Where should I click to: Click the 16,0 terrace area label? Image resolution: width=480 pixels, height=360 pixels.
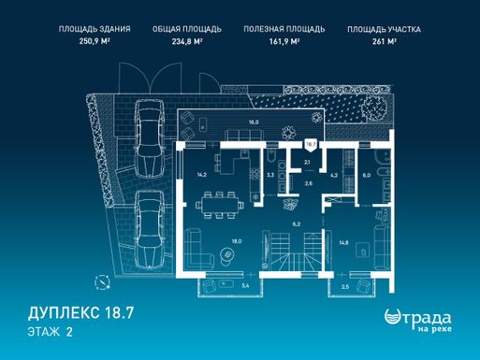click(254, 122)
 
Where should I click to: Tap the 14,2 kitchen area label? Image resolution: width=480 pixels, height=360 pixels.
click(201, 175)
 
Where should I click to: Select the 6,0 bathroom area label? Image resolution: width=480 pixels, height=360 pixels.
click(367, 175)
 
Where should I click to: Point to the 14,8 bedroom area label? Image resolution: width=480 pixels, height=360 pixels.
click(343, 243)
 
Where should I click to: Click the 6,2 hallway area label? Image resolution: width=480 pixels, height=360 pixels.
click(297, 223)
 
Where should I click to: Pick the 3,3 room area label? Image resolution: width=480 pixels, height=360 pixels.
click(270, 175)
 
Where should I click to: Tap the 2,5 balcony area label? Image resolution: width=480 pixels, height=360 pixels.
click(345, 287)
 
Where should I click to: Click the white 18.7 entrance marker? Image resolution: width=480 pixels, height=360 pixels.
click(311, 145)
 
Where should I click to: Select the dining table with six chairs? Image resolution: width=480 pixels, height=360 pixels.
click(220, 205)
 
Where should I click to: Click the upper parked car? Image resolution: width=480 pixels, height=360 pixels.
click(150, 138)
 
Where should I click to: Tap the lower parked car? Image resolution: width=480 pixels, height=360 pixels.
click(150, 229)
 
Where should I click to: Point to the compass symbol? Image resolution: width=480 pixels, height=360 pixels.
click(102, 282)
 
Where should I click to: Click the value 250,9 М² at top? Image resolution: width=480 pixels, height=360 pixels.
click(95, 41)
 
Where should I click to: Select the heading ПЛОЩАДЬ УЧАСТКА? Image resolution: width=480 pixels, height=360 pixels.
click(384, 30)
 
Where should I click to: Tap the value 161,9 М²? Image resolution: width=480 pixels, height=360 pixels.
click(284, 41)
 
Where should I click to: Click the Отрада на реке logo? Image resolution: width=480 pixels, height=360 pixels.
click(418, 320)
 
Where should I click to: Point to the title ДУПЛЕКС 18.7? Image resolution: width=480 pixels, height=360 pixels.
click(81, 313)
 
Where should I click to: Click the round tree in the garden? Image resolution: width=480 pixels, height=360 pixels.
click(374, 107)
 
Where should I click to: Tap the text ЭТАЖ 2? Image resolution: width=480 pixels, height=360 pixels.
click(51, 332)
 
